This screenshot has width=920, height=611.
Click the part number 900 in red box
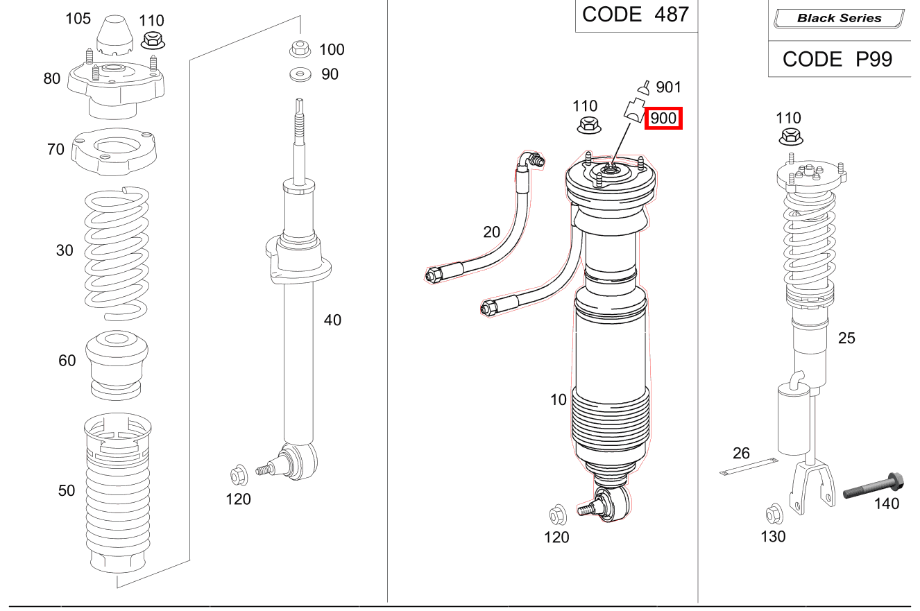664,119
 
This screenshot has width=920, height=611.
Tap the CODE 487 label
635,15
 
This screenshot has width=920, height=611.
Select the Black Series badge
839,19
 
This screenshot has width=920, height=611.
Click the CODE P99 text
837,60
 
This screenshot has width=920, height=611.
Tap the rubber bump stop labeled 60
117,365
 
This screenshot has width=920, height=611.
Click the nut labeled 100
299,49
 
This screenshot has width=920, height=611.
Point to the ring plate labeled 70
116,153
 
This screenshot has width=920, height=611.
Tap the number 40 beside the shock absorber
332,320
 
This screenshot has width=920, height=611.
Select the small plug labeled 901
644,87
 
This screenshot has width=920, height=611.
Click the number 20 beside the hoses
491,232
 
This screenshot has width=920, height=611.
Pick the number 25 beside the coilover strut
846,338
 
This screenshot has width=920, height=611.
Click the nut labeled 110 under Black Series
790,137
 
